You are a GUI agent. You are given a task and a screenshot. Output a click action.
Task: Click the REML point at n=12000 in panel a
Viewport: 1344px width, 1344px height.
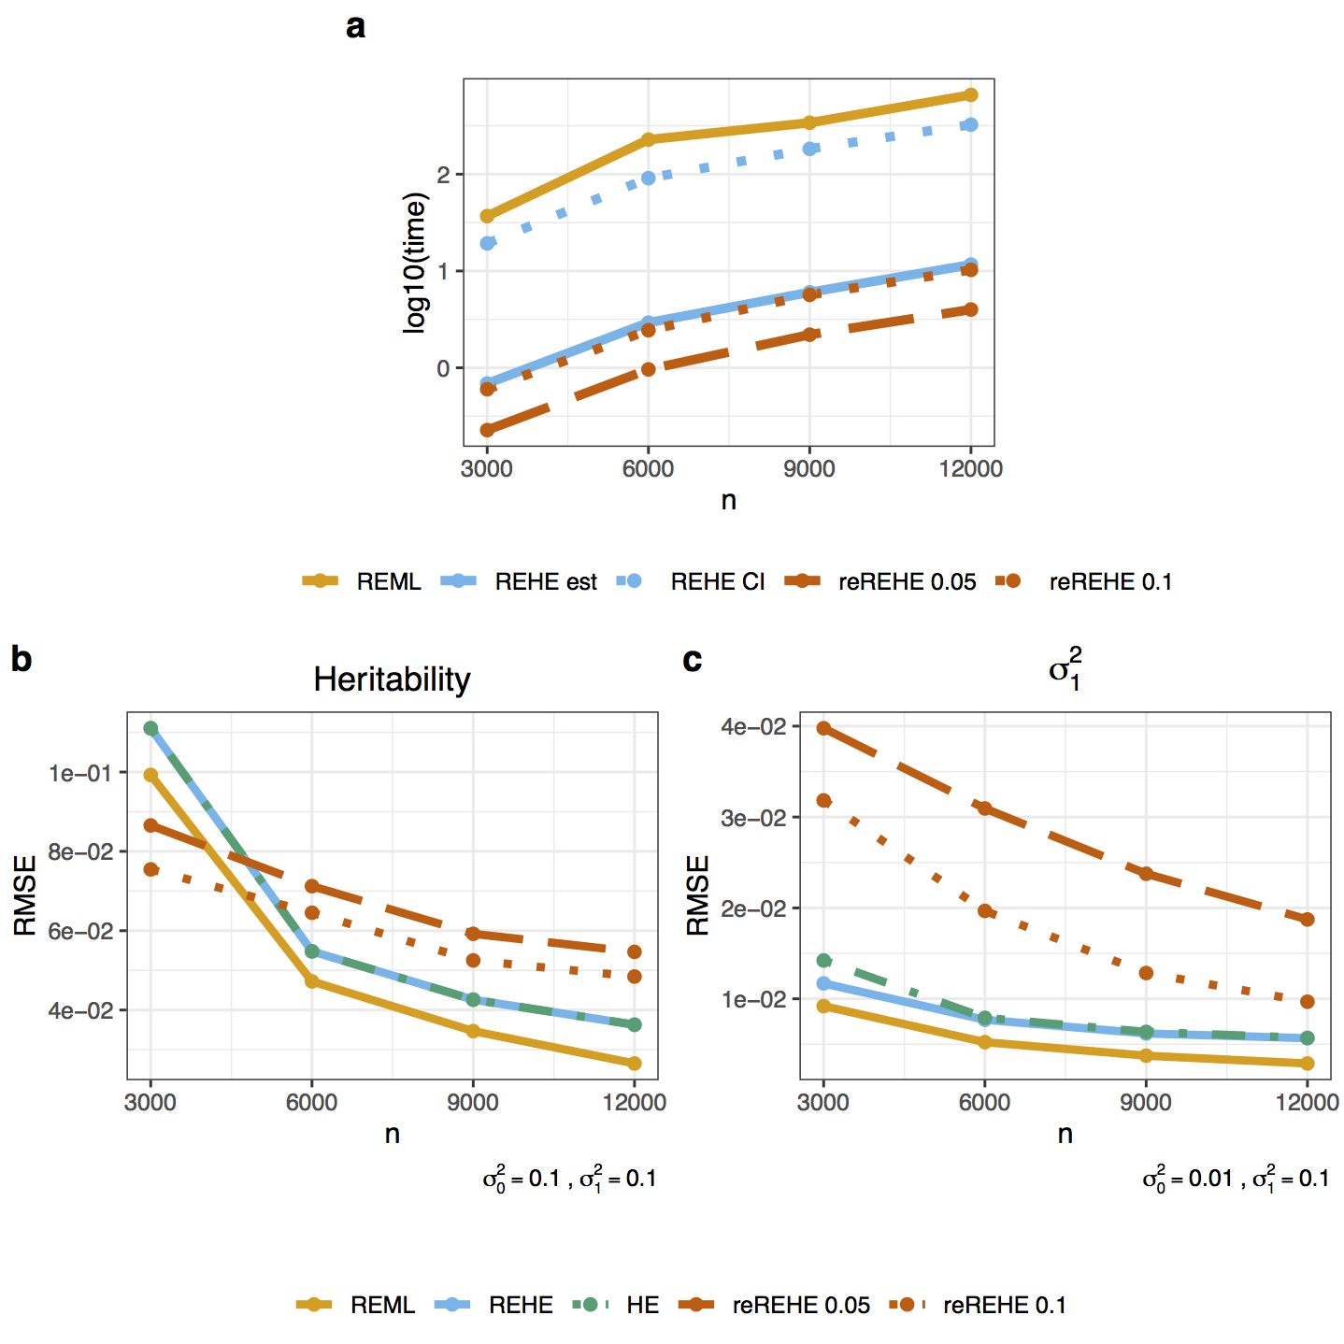[970, 95]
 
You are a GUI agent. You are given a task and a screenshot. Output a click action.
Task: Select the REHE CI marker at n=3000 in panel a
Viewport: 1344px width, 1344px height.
[487, 243]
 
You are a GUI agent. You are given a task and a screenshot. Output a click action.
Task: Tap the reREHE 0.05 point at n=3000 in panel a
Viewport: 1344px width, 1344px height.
[487, 430]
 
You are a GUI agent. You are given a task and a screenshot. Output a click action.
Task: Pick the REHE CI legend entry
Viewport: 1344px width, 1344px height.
[692, 581]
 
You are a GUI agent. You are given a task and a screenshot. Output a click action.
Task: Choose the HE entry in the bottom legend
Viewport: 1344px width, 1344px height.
[617, 1305]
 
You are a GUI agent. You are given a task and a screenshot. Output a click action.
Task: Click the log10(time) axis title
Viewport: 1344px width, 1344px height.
[414, 263]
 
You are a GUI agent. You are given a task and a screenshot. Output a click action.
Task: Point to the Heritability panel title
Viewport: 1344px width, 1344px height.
[392, 679]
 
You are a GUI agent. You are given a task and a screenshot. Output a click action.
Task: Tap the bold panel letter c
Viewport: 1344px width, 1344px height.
[693, 660]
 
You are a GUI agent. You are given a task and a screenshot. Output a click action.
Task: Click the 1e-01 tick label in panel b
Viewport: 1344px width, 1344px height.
[79, 773]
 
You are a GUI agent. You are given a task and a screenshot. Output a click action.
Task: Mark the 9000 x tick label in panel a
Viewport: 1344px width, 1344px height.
[808, 469]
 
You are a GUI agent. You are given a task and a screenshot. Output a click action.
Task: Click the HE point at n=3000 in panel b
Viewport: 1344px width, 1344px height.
[150, 728]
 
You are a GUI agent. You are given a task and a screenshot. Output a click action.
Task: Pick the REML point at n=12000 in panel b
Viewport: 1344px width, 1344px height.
[635, 1063]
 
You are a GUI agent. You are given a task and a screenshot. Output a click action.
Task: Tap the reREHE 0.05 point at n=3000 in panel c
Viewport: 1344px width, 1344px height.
[823, 728]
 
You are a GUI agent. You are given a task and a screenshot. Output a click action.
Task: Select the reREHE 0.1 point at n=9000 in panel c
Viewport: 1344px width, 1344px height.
[1146, 973]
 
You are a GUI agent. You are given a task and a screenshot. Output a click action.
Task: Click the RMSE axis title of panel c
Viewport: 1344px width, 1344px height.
[698, 895]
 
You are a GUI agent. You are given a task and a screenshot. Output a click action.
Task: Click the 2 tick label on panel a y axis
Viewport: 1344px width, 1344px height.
[443, 175]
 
